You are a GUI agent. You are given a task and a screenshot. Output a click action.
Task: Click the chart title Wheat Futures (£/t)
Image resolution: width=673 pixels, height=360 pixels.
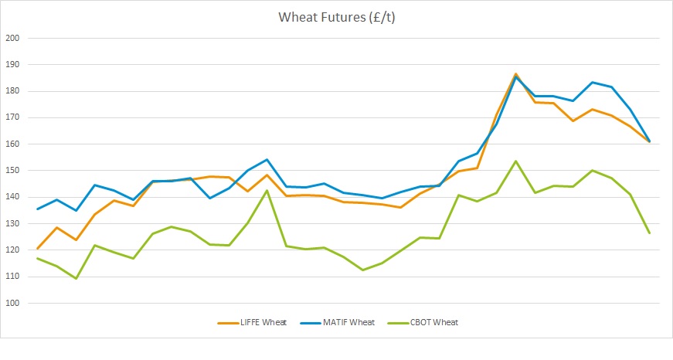pyautogui.click(x=337, y=17)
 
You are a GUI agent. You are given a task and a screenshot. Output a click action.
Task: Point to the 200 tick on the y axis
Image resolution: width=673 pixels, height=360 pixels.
pyautogui.click(x=12, y=38)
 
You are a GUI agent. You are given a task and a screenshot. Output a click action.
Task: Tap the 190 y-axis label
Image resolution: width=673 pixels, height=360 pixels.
pyautogui.click(x=12, y=64)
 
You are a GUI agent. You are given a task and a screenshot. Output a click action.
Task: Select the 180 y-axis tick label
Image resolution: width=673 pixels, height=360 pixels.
pyautogui.click(x=12, y=91)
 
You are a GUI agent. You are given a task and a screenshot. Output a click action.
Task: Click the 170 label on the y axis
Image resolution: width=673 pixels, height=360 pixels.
pyautogui.click(x=12, y=117)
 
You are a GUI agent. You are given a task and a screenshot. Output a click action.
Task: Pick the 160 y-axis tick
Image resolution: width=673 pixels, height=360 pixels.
pyautogui.click(x=12, y=144)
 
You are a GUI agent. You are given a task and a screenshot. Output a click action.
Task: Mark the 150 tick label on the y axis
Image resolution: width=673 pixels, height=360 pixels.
pyautogui.click(x=12, y=171)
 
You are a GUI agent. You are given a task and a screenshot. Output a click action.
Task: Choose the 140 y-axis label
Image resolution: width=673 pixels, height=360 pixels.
pyautogui.click(x=12, y=197)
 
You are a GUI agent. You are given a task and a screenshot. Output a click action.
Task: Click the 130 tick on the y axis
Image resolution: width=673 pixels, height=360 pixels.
pyautogui.click(x=12, y=223)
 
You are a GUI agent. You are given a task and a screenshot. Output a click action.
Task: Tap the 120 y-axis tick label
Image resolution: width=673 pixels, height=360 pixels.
pyautogui.click(x=12, y=250)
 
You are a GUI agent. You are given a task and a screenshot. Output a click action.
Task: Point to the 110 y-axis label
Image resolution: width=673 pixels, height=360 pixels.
pyautogui.click(x=12, y=277)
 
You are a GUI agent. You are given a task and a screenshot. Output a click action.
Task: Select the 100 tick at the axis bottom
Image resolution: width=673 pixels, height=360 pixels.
pyautogui.click(x=12, y=303)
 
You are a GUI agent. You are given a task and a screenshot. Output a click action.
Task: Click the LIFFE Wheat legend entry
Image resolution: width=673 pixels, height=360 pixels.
pyautogui.click(x=252, y=323)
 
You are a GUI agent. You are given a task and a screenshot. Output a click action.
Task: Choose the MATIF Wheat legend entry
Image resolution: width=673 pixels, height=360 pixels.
pyautogui.click(x=338, y=323)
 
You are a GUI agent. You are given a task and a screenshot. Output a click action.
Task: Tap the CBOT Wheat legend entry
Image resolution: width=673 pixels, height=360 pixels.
pyautogui.click(x=423, y=323)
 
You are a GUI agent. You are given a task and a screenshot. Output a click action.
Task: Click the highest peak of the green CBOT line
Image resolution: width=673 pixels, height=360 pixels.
pyautogui.click(x=515, y=161)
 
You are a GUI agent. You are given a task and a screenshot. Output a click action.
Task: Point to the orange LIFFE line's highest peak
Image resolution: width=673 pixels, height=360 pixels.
pyautogui.click(x=515, y=74)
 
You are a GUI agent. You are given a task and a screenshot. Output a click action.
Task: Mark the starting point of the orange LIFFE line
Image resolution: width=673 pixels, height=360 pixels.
pyautogui.click(x=38, y=249)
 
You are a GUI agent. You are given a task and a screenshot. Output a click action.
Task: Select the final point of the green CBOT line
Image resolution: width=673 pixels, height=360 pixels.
pyautogui.click(x=649, y=233)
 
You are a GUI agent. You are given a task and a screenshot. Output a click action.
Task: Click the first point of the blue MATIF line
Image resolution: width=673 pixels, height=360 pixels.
pyautogui.click(x=38, y=209)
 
